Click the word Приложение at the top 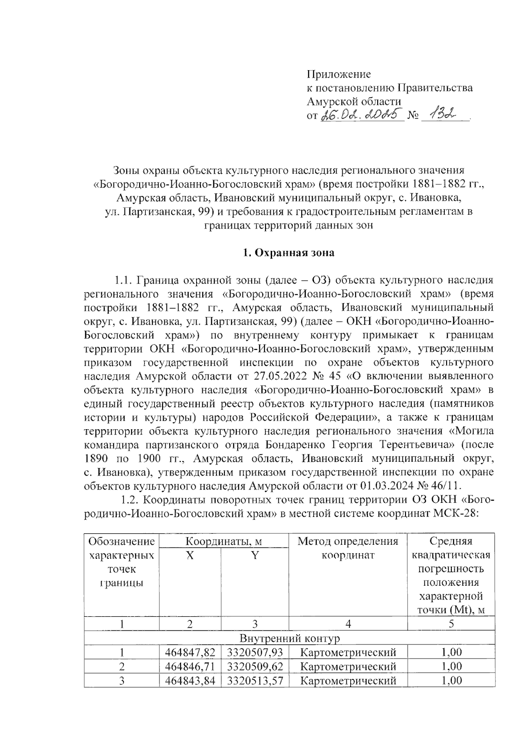tap(339, 74)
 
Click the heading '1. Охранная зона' tap(289, 253)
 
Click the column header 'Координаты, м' tap(223, 541)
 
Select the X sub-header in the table tap(190, 555)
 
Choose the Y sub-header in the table tap(255, 555)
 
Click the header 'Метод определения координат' tap(348, 548)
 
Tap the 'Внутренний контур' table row tap(289, 638)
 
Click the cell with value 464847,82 tap(190, 652)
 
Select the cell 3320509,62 tap(255, 666)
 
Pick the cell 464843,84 tap(190, 680)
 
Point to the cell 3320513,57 tap(255, 680)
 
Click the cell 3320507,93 tap(255, 652)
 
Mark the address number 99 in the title tap(203, 211)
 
